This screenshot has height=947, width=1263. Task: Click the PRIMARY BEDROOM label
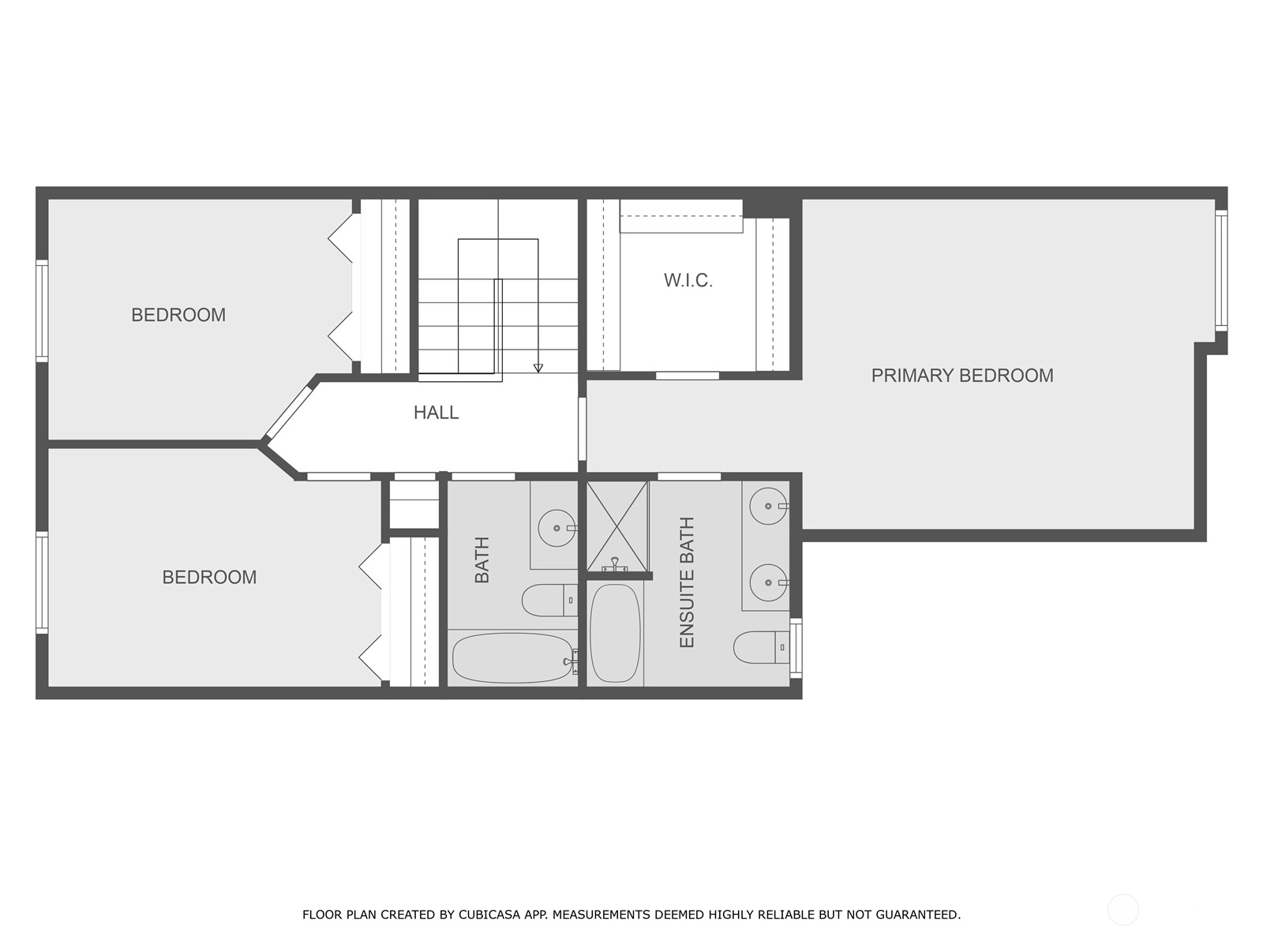pyautogui.click(x=962, y=376)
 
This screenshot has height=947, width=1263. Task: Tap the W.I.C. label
pyautogui.click(x=688, y=281)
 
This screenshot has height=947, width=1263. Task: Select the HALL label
pyautogui.click(x=437, y=412)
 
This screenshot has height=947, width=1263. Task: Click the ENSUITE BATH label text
pyautogui.click(x=687, y=582)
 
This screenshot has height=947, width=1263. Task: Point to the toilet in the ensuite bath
pyautogui.click(x=761, y=647)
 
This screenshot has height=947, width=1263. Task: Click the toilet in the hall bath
pyautogui.click(x=549, y=601)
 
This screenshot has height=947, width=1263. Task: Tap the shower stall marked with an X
pyautogui.click(x=617, y=526)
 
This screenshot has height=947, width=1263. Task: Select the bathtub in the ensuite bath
pyautogui.click(x=615, y=633)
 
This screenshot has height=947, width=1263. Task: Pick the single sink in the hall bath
pyautogui.click(x=557, y=528)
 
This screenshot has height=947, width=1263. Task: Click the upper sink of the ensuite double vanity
pyautogui.click(x=768, y=506)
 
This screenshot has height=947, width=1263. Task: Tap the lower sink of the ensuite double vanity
pyautogui.click(x=768, y=582)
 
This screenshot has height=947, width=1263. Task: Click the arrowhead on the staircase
pyautogui.click(x=538, y=368)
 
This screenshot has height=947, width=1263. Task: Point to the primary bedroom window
pyautogui.click(x=1221, y=270)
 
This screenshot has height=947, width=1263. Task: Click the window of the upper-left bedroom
pyautogui.click(x=41, y=311)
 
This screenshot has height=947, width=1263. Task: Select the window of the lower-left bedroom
pyautogui.click(x=41, y=582)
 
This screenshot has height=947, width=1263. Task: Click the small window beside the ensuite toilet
pyautogui.click(x=796, y=649)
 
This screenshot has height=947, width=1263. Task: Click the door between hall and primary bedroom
pyautogui.click(x=583, y=429)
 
